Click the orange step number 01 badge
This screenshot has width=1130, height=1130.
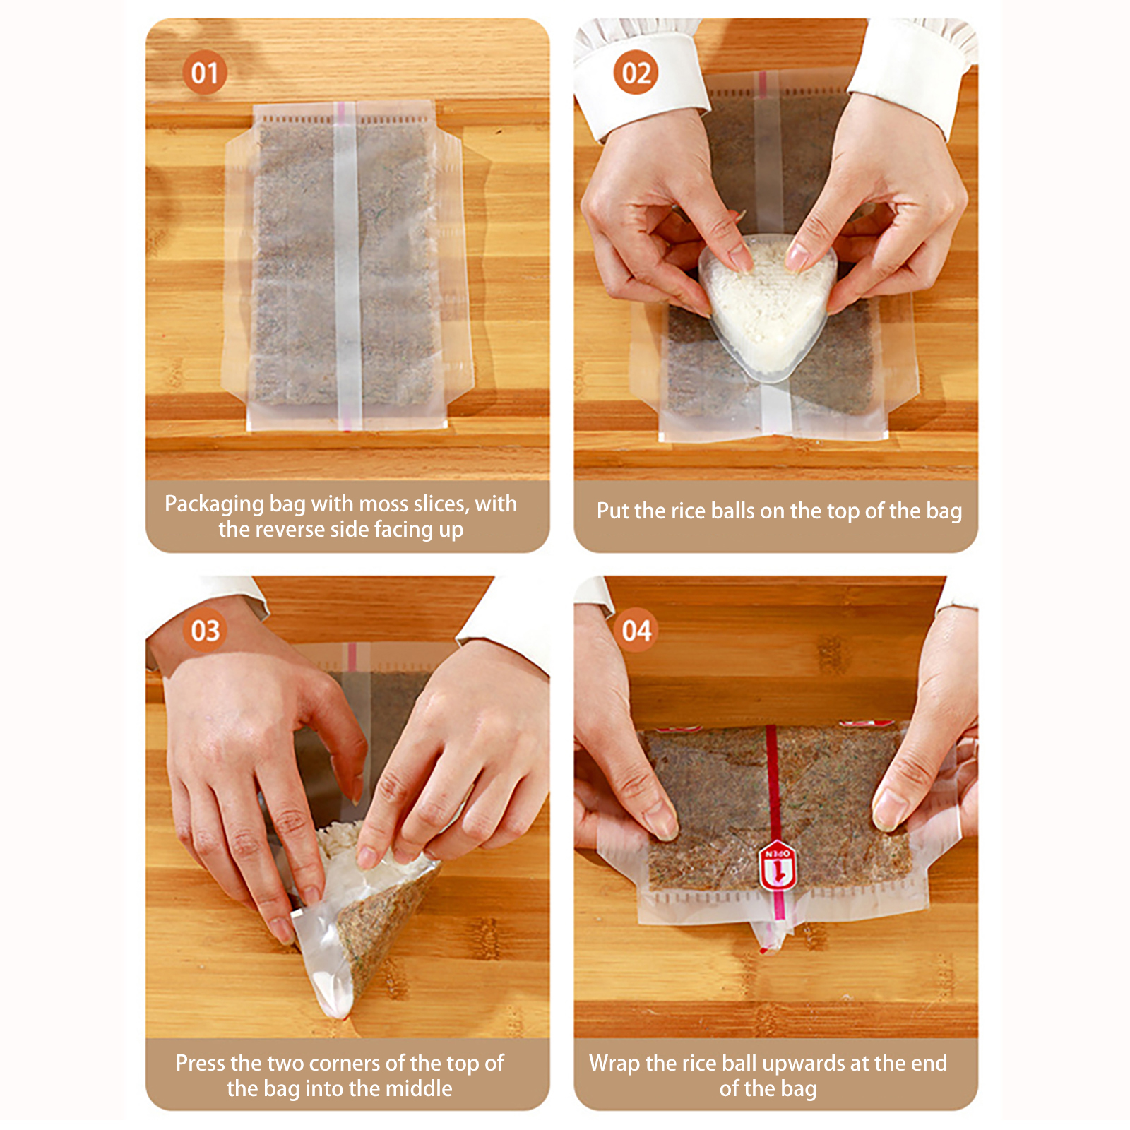tap(205, 73)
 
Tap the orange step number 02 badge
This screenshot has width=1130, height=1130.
tap(636, 73)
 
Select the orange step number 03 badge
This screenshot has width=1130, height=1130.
tap(205, 630)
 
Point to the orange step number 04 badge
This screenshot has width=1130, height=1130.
tap(636, 630)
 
